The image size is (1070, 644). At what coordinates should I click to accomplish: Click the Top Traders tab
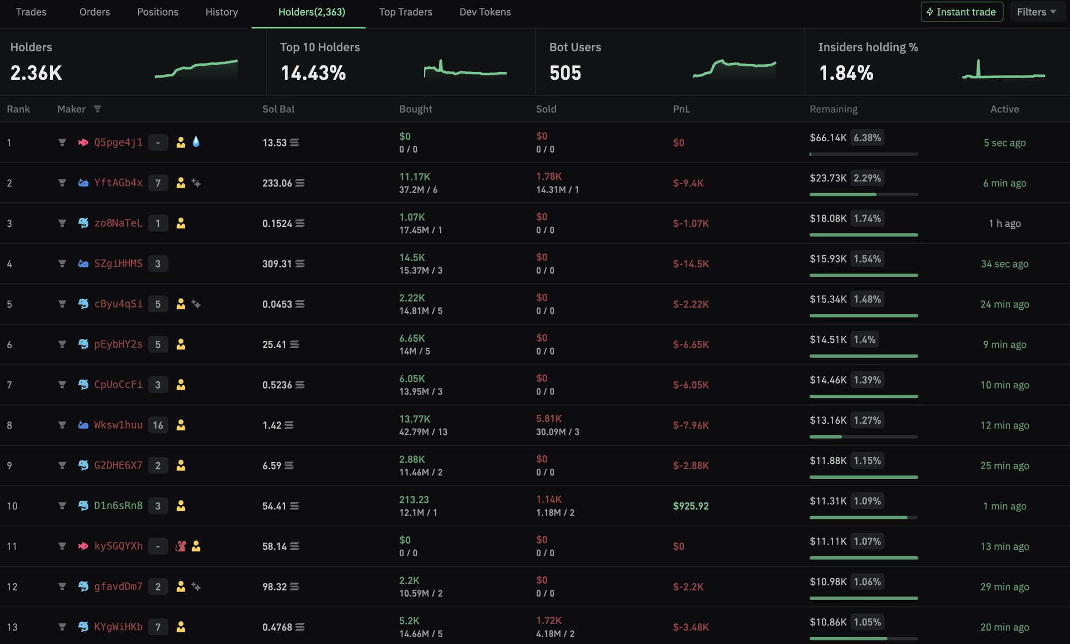pos(406,12)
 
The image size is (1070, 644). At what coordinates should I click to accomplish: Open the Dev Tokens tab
pos(485,12)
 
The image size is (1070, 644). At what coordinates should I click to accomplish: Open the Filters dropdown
pos(1036,12)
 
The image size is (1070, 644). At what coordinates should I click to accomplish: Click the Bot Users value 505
pos(565,73)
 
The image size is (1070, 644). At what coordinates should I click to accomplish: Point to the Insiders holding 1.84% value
pos(846,73)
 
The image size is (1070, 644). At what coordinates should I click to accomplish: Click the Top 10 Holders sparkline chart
pos(465,70)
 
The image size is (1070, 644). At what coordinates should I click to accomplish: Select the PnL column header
pos(681,109)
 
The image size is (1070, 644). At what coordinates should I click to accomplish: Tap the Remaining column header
pos(833,109)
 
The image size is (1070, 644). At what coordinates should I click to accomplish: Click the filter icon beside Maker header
pos(97,109)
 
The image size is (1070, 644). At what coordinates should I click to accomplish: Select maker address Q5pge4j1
pos(118,142)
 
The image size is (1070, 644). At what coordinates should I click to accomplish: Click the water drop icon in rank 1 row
pos(196,142)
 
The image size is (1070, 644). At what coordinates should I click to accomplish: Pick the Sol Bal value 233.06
pos(277,183)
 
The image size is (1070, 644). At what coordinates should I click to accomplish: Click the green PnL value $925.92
pos(690,506)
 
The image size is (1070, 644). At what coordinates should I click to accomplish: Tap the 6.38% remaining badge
pos(867,137)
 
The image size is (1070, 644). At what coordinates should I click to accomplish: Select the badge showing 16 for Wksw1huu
pos(158,425)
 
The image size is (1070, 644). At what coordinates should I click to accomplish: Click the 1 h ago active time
pos(1004,224)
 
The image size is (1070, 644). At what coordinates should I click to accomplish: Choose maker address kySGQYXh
pos(118,546)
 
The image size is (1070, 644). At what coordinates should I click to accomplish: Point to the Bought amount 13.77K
pos(415,419)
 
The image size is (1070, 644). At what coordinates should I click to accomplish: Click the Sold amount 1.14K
pos(548,499)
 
